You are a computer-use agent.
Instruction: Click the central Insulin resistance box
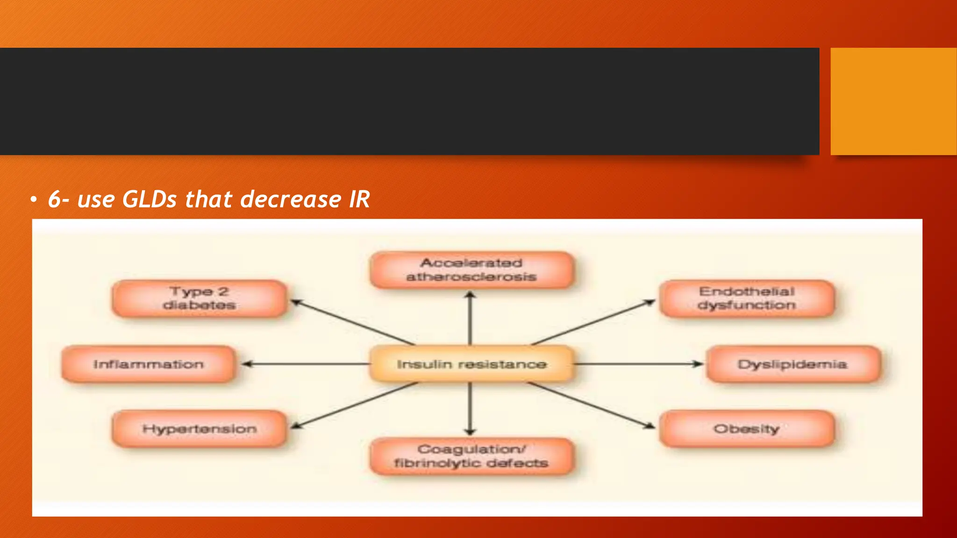point(471,364)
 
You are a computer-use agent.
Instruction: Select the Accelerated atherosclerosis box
point(471,270)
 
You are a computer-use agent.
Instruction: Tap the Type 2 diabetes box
point(199,298)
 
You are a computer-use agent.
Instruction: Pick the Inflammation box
point(148,364)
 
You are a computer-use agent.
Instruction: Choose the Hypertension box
point(199,429)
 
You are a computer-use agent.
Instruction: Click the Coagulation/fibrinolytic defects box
point(471,456)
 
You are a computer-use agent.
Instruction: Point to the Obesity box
point(746,429)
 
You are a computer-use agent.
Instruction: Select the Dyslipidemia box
point(793,364)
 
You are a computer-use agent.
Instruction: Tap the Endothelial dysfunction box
point(746,298)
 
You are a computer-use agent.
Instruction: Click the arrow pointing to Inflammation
point(306,364)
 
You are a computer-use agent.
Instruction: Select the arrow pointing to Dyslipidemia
point(638,364)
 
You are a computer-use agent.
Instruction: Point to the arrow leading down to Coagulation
point(471,409)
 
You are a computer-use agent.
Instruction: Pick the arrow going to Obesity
point(591,404)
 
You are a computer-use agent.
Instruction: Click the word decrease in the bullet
point(291,199)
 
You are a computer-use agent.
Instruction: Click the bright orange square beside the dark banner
point(893,101)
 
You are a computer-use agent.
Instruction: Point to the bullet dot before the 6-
point(33,200)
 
